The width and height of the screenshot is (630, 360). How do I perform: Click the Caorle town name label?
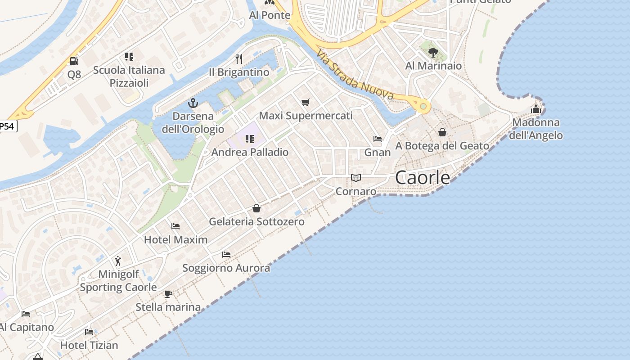click(422, 178)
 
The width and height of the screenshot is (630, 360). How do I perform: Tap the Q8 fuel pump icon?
click(74, 61)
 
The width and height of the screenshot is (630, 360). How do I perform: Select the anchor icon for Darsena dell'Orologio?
click(193, 103)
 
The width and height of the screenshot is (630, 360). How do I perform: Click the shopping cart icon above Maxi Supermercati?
click(306, 103)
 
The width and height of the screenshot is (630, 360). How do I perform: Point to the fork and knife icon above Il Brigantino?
click(239, 59)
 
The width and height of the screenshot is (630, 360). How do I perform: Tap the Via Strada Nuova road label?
click(355, 75)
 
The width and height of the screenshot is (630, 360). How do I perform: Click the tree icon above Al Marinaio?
click(433, 53)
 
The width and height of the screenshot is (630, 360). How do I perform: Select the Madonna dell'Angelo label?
click(535, 129)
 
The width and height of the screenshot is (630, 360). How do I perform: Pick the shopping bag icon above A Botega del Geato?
click(442, 132)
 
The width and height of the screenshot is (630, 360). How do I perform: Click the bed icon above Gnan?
click(378, 139)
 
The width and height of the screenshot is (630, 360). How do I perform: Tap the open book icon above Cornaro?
click(356, 178)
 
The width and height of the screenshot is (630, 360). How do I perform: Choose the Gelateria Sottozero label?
click(256, 221)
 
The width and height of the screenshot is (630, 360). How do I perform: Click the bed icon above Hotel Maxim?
click(175, 226)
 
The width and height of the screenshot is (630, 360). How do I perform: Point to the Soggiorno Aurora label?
click(226, 268)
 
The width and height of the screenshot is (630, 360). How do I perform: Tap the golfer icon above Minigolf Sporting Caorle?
click(118, 261)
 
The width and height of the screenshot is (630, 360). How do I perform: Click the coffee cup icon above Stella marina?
click(168, 294)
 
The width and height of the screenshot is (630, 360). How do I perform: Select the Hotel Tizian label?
click(89, 345)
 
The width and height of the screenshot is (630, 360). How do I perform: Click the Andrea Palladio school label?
click(250, 152)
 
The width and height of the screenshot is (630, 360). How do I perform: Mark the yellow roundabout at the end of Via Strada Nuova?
click(423, 107)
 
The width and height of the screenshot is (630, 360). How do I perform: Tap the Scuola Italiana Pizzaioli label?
click(129, 76)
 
